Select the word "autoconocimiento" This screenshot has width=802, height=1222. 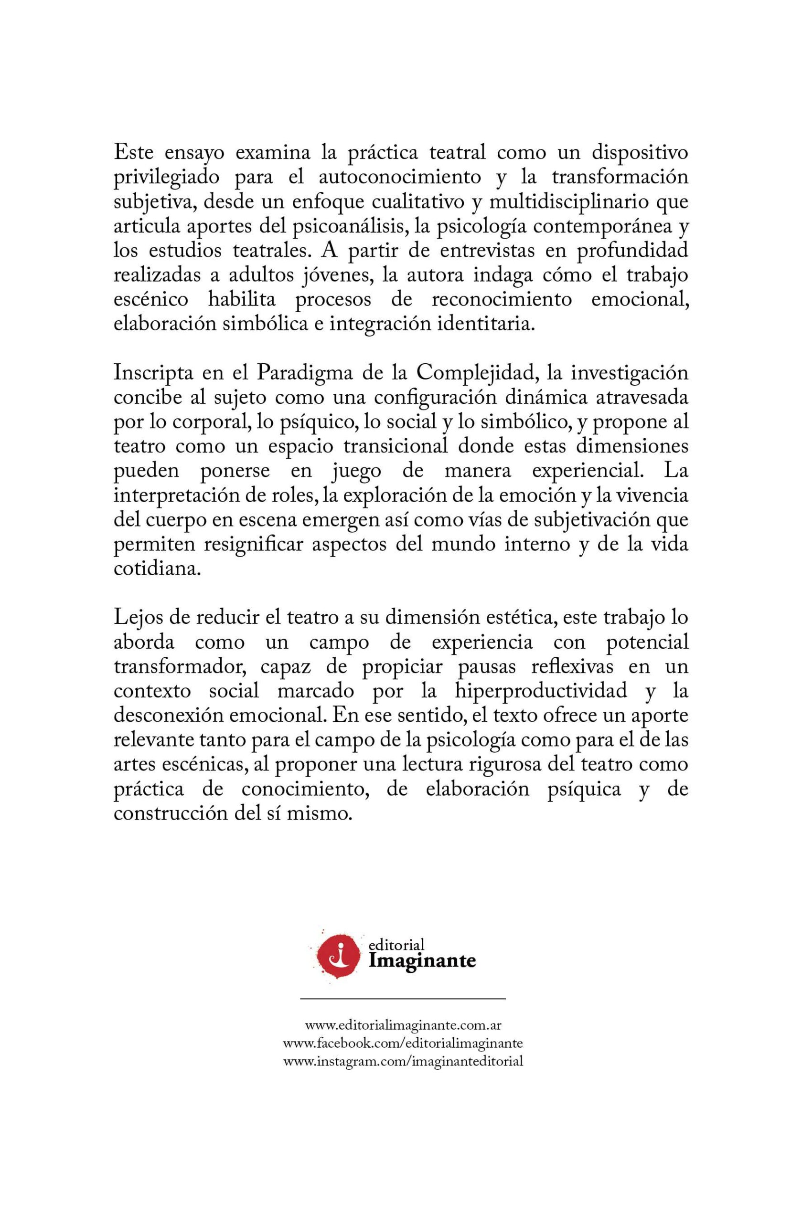tap(399, 178)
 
